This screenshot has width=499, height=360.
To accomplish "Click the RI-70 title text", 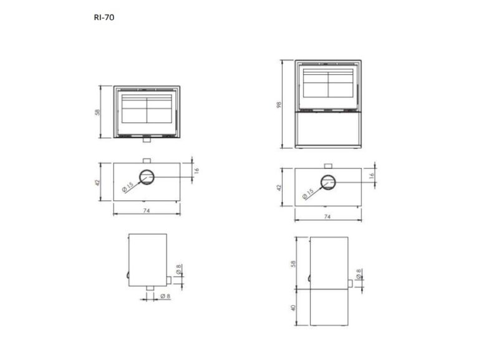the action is click(x=104, y=17).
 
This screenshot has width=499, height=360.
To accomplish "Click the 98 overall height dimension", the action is click(x=279, y=105).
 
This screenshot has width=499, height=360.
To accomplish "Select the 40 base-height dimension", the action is click(x=293, y=308).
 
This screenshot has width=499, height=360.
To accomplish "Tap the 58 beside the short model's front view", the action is click(x=97, y=112).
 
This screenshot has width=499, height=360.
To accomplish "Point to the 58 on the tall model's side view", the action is click(x=293, y=263).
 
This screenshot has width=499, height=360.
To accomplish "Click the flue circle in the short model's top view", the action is click(x=147, y=177).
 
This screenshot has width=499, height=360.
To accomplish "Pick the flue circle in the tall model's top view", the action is click(x=328, y=182).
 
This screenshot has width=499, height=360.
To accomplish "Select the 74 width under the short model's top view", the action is click(x=147, y=210).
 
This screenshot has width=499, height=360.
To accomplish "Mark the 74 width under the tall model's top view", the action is click(x=327, y=216).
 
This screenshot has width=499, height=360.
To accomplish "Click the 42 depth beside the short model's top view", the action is click(x=97, y=182).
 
